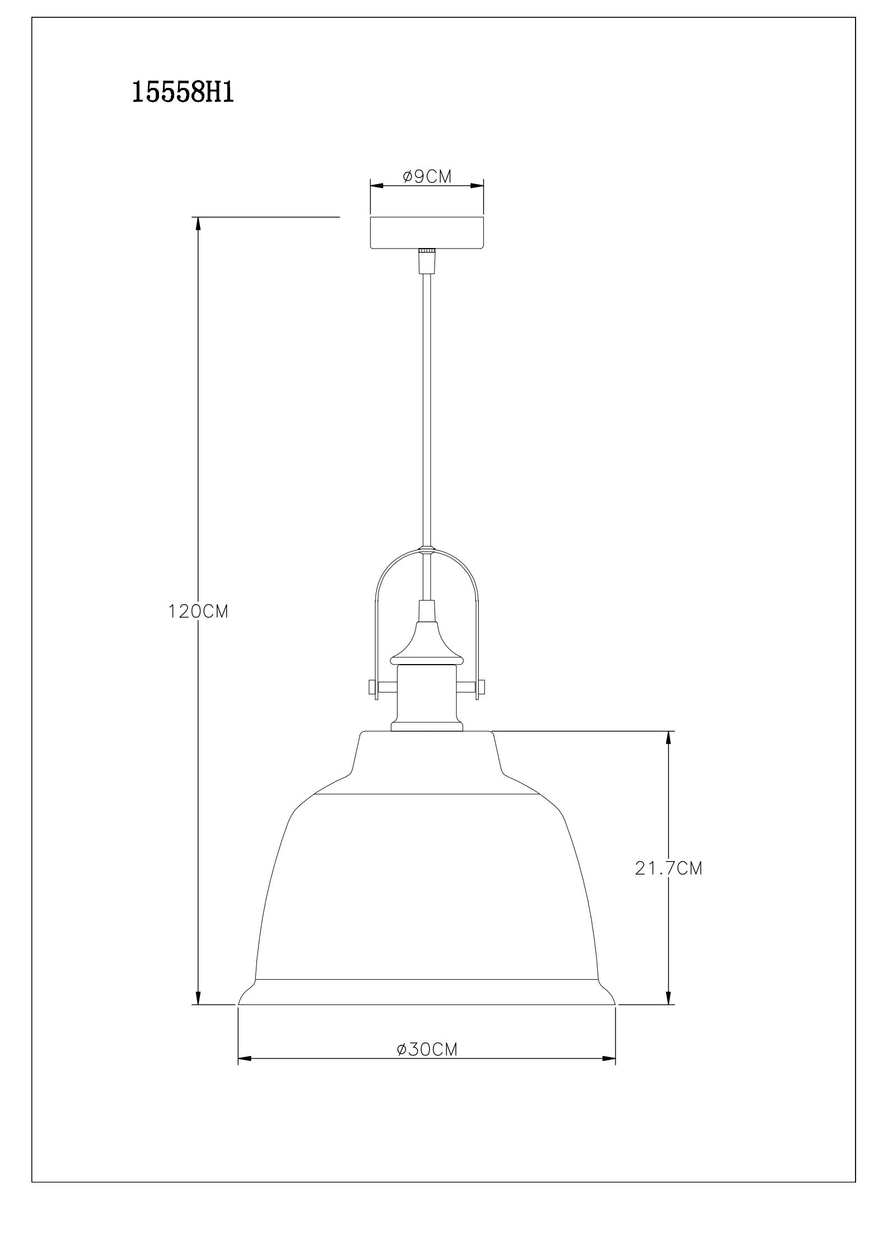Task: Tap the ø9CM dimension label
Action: (427, 177)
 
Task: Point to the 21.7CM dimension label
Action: (669, 884)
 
